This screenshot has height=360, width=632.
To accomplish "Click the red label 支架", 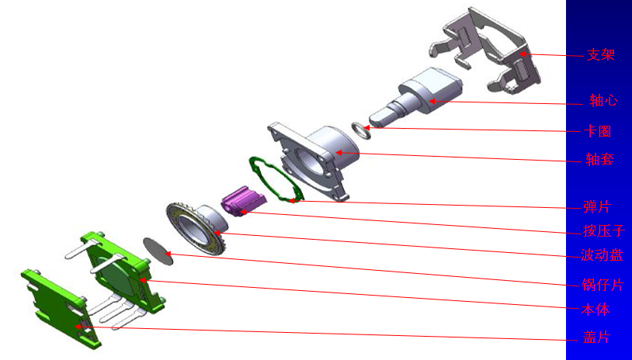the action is point(600,55).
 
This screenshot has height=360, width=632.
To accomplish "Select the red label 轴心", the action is point(603,100).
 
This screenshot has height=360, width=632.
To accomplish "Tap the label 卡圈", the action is point(597,131).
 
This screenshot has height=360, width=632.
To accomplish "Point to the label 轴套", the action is point(599,160).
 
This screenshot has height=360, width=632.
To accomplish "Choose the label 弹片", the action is point(597,207).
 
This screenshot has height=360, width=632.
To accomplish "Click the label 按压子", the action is point(604,230).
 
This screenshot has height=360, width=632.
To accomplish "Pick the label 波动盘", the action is point(602,255).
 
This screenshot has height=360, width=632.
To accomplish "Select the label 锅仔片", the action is point(603,285).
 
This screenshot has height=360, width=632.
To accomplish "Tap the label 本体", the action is point(596,310).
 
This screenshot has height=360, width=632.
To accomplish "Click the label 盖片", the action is point(596,337).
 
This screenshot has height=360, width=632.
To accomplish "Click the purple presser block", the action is point(244,201).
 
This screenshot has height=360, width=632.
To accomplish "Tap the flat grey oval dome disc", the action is point(158,251).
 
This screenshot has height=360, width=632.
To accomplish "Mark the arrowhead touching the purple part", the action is point(244,211).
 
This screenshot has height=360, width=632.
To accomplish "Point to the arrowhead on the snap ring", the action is point(366,128).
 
